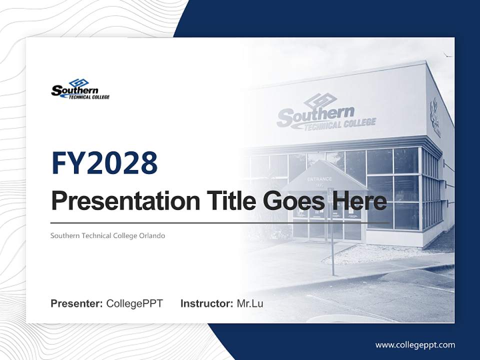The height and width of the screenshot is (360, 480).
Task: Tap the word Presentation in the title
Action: [117, 201]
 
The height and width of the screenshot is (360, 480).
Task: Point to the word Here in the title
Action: [357, 201]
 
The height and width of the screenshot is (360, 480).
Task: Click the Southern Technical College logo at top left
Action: [80, 89]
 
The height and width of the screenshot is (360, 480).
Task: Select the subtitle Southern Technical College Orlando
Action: [107, 235]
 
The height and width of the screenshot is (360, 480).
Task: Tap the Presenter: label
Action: [76, 303]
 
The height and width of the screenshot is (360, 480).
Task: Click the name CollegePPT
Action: [134, 303]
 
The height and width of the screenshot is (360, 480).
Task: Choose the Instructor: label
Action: [206, 303]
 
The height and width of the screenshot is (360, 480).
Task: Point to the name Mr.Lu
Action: [250, 303]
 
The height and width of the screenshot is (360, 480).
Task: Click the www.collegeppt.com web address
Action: [415, 345]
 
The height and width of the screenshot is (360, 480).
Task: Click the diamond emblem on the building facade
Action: [320, 100]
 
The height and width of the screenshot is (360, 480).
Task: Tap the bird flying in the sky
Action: [448, 54]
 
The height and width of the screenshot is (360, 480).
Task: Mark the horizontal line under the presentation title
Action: [220, 223]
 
